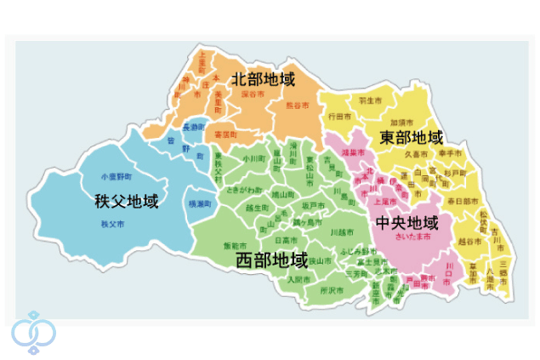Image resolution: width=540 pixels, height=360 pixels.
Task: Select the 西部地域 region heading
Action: tap(271, 259)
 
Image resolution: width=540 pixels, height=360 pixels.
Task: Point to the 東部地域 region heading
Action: tap(412, 138)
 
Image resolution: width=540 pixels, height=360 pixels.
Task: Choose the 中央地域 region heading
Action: tap(407, 223)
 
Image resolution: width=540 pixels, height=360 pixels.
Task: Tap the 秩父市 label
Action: tap(111, 224)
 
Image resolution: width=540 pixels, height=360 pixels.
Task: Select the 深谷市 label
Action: tap(253, 95)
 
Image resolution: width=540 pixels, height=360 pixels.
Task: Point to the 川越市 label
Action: tap(340, 231)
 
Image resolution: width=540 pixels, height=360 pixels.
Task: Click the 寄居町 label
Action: tap(226, 134)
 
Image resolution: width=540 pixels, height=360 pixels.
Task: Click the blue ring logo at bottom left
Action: tap(33, 332)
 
